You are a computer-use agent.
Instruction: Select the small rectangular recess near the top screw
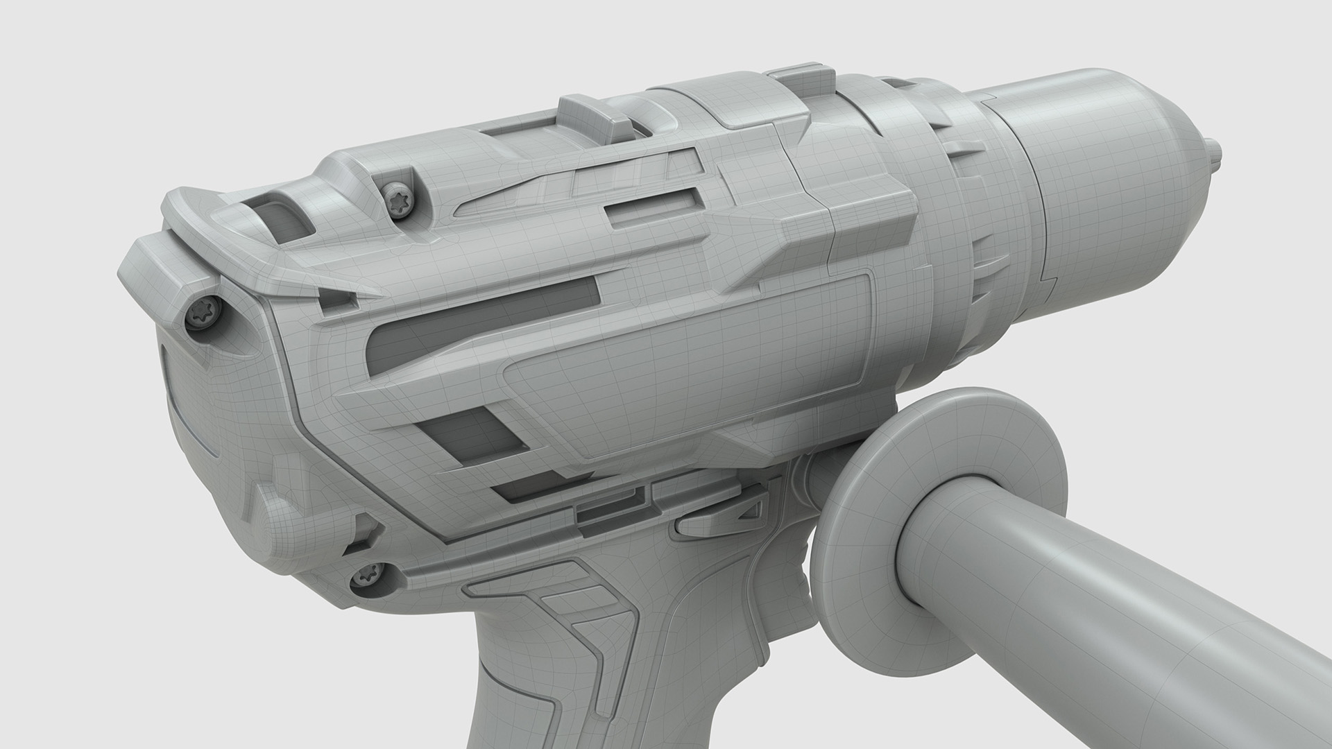649,206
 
